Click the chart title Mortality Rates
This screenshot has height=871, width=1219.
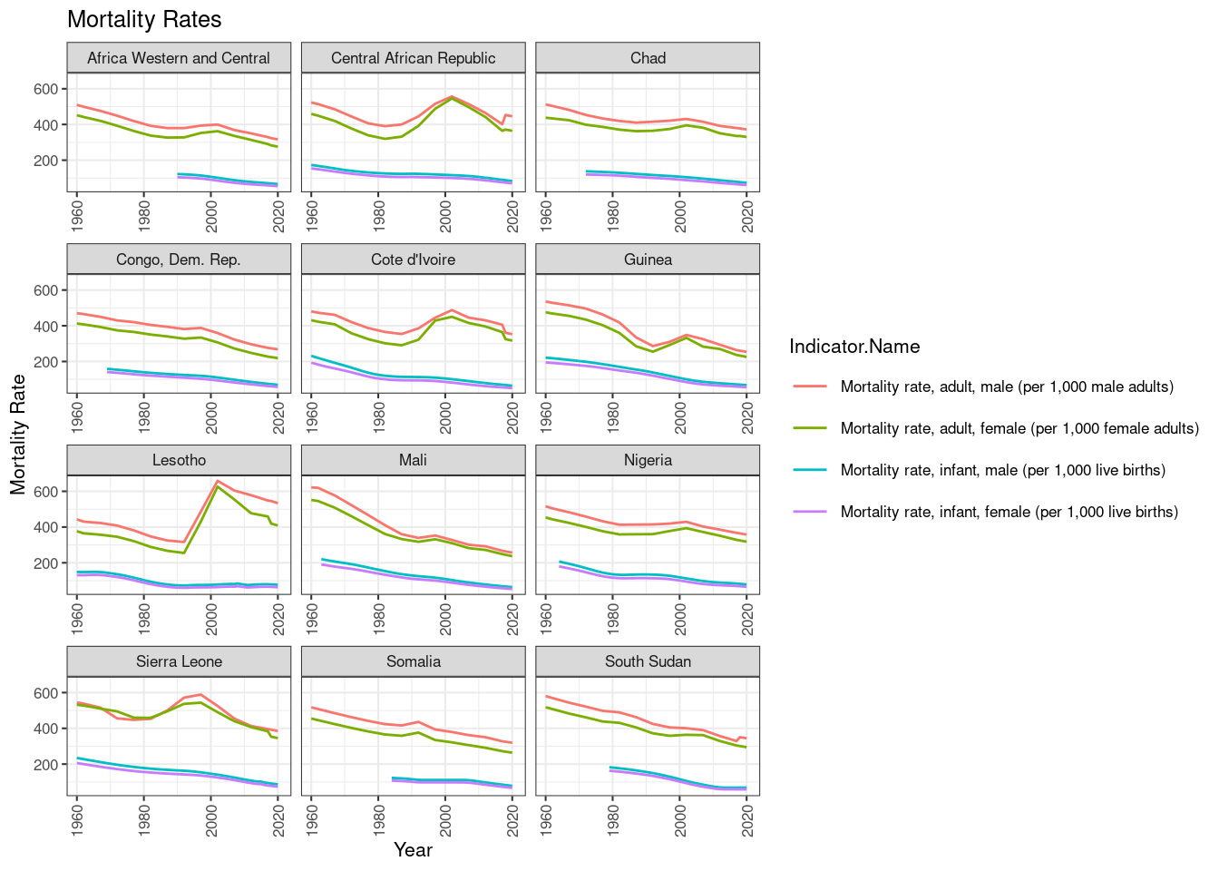(144, 19)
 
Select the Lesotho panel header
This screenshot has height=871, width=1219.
(179, 460)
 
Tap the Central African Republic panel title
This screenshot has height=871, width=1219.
(413, 58)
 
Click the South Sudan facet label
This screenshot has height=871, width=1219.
(648, 661)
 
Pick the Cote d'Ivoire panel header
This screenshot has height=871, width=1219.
(413, 259)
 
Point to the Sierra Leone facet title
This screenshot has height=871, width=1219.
(179, 661)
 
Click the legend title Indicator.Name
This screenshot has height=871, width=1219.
(854, 347)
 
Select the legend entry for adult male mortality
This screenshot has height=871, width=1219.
(1007, 387)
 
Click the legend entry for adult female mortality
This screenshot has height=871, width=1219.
(1019, 428)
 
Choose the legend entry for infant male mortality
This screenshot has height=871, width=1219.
(1002, 470)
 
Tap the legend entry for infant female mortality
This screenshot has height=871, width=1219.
(1009, 512)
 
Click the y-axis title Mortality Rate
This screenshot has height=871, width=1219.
(18, 434)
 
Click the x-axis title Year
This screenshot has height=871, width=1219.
(413, 850)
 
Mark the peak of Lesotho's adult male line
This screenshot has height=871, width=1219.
(217, 481)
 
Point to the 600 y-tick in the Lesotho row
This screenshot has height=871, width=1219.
(46, 492)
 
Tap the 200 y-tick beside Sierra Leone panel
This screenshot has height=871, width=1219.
(46, 765)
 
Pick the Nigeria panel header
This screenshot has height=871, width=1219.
(648, 460)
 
